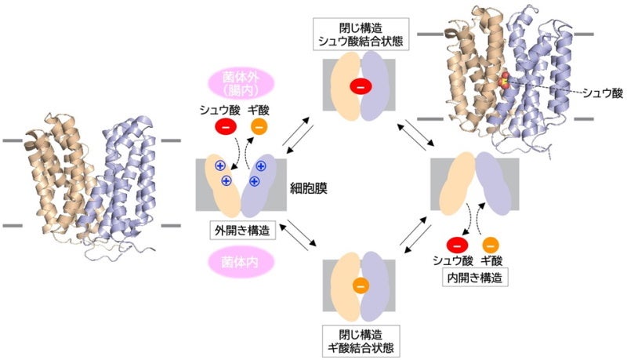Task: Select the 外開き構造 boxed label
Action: coord(241,231)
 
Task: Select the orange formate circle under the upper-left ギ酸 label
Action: coord(259,125)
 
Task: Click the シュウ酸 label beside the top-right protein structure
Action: coord(606,93)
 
